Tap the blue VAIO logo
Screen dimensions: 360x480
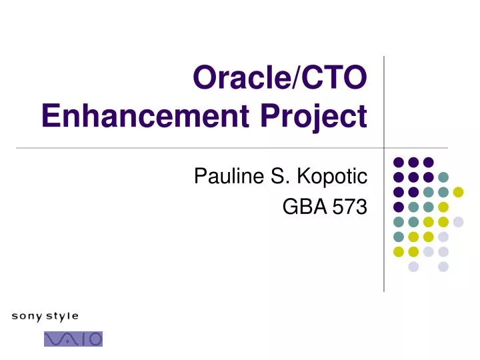[x=73, y=339]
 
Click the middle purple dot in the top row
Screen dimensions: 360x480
[x=413, y=162]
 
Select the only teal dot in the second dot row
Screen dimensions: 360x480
[x=443, y=177]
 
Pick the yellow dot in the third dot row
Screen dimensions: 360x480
[x=458, y=192]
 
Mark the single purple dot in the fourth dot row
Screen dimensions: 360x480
[x=399, y=207]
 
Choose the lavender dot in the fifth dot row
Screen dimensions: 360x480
[x=458, y=222]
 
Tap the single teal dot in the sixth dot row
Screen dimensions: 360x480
[x=399, y=237]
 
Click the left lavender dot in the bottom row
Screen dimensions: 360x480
[x=413, y=267]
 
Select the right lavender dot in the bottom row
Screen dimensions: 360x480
[x=443, y=267]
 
